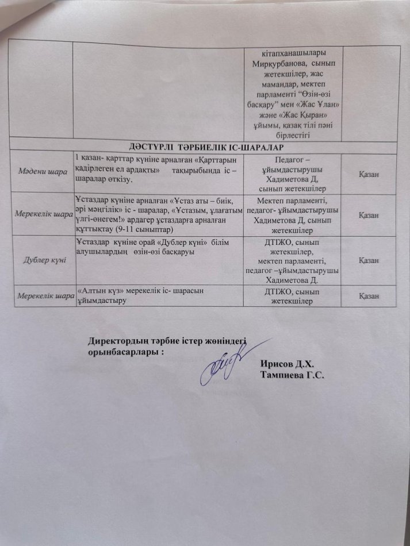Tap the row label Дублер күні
coord(42,260)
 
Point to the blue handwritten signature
coord(221,363)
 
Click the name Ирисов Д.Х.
coord(288,365)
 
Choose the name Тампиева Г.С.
coord(292,376)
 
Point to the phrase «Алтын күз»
coord(99,291)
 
